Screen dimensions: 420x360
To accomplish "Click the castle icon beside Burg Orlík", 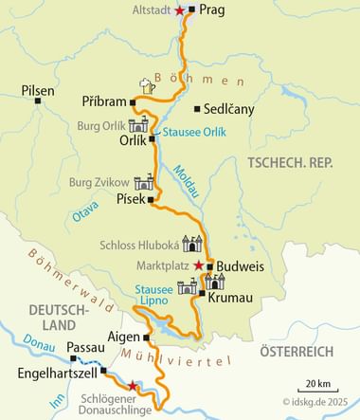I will (139, 125).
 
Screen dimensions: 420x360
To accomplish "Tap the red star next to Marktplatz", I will (198, 265).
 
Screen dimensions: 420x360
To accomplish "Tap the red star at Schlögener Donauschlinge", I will (134, 387).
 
